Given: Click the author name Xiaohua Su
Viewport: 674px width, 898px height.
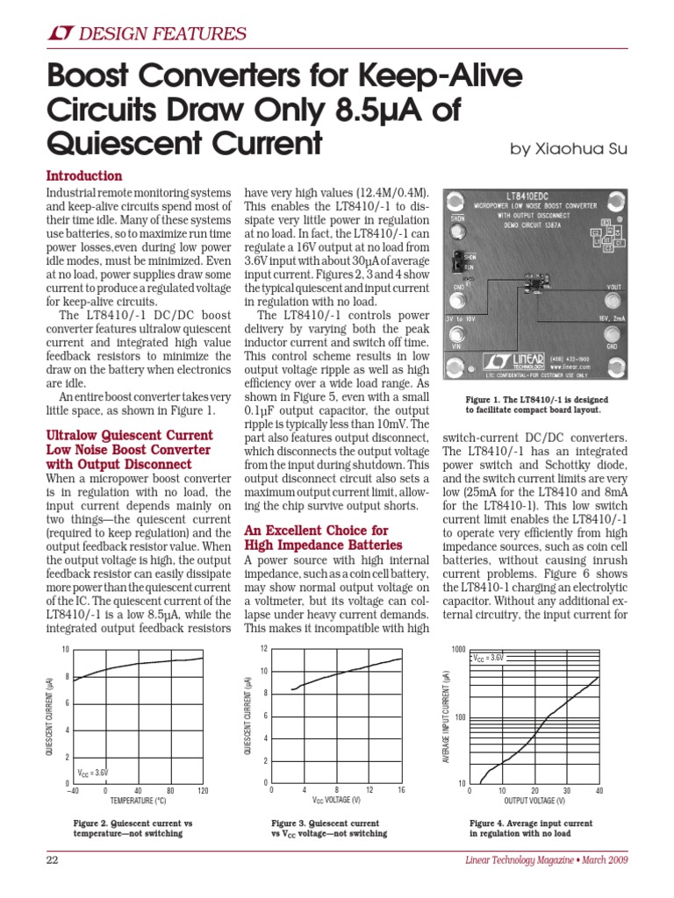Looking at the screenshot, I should pyautogui.click(x=569, y=149).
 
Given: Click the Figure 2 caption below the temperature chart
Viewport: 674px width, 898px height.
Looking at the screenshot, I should pyautogui.click(x=132, y=829).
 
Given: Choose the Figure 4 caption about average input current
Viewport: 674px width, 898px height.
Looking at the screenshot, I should pyautogui.click(x=530, y=829).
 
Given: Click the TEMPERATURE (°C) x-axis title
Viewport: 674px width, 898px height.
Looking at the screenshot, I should pyautogui.click(x=138, y=801).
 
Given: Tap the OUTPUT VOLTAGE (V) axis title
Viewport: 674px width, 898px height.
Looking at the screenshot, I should pyautogui.click(x=534, y=801).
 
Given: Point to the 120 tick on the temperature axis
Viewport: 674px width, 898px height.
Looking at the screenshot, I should pyautogui.click(x=203, y=790).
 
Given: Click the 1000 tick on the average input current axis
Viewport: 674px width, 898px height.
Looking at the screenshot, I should pyautogui.click(x=457, y=650).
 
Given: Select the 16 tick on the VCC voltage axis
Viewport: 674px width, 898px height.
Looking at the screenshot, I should pyautogui.click(x=401, y=790).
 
